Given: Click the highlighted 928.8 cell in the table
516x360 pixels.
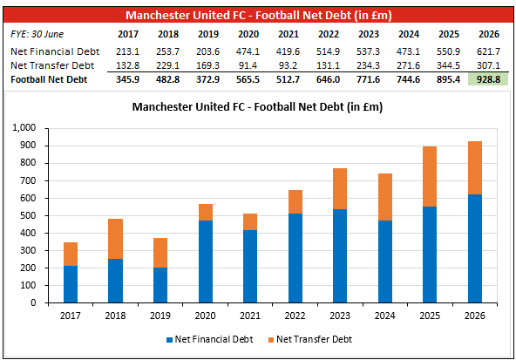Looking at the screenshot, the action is click(x=488, y=79).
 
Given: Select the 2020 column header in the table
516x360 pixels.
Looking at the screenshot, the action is click(x=248, y=34).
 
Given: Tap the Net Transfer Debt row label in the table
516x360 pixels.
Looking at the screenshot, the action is click(x=52, y=65).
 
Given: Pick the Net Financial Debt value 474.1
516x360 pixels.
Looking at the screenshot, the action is click(x=248, y=51).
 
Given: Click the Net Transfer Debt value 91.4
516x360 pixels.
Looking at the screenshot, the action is click(x=248, y=65).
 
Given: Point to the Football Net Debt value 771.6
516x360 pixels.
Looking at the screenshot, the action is click(x=368, y=79).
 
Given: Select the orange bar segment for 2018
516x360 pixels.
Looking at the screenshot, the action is click(x=116, y=239).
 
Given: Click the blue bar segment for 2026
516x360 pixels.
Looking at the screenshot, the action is click(x=475, y=248).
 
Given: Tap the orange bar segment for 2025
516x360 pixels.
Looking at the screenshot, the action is click(x=430, y=176).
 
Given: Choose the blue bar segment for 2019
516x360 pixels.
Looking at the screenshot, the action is click(x=160, y=285).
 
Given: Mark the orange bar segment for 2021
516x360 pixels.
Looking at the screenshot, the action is click(x=250, y=221).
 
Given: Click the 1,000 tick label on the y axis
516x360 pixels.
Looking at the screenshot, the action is click(x=24, y=127).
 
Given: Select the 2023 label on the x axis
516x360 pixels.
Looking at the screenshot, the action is click(x=340, y=316).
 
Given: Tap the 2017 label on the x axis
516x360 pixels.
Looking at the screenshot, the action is click(x=70, y=316).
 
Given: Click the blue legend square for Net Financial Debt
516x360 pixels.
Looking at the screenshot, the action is click(x=169, y=340).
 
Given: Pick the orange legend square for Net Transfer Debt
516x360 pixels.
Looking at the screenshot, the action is click(x=271, y=340).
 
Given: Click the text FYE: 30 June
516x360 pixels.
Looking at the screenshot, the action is click(x=37, y=34).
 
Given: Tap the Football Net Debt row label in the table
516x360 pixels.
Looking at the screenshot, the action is click(x=49, y=79).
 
